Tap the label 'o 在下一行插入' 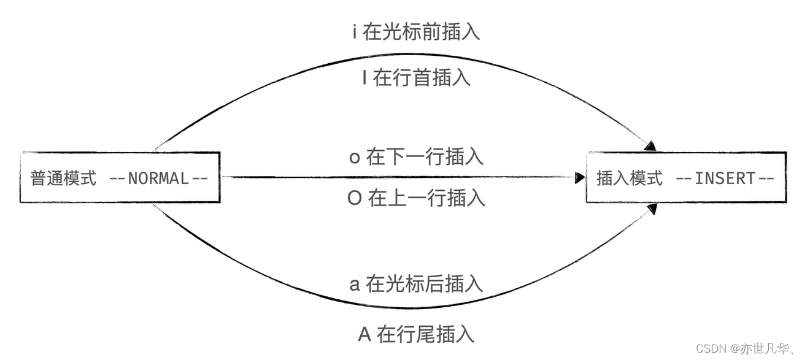416,157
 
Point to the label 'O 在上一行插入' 416,198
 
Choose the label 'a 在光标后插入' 416,283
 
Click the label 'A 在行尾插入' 416,334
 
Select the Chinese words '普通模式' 63,178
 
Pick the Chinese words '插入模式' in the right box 630,178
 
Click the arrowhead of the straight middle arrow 580,178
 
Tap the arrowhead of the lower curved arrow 652,209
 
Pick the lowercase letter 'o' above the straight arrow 354,158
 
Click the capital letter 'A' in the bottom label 364,335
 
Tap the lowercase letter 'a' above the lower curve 354,284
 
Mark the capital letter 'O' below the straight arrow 355,199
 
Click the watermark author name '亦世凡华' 767,348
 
